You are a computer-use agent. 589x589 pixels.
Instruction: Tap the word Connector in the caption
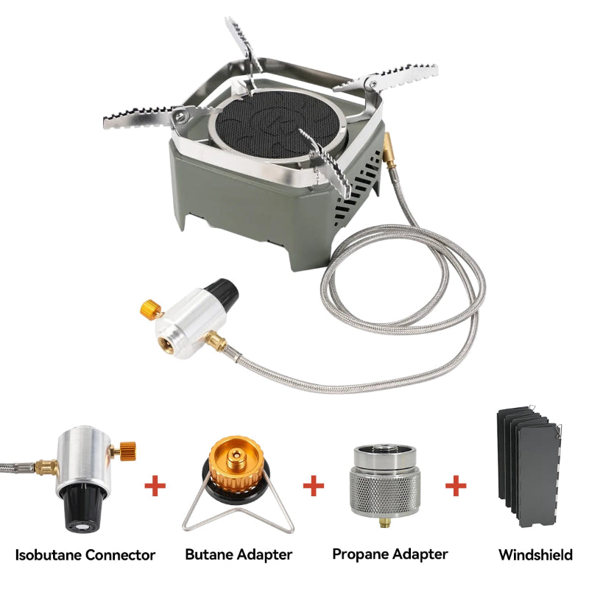(120, 555)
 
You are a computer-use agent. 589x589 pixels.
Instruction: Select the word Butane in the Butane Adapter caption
(209, 554)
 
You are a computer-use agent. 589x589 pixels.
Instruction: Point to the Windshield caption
(536, 555)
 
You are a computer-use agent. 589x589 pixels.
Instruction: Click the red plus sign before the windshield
(456, 485)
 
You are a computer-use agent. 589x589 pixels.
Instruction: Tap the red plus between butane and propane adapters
(314, 485)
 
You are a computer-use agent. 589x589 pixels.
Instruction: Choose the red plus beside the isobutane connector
(155, 486)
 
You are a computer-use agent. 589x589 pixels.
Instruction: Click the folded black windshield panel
(529, 466)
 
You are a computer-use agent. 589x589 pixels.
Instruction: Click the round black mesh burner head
(278, 123)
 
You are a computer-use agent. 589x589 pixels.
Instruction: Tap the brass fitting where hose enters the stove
(389, 150)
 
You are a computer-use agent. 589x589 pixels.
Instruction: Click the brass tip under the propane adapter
(384, 523)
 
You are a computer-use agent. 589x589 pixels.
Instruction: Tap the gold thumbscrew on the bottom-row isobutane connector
(126, 451)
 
